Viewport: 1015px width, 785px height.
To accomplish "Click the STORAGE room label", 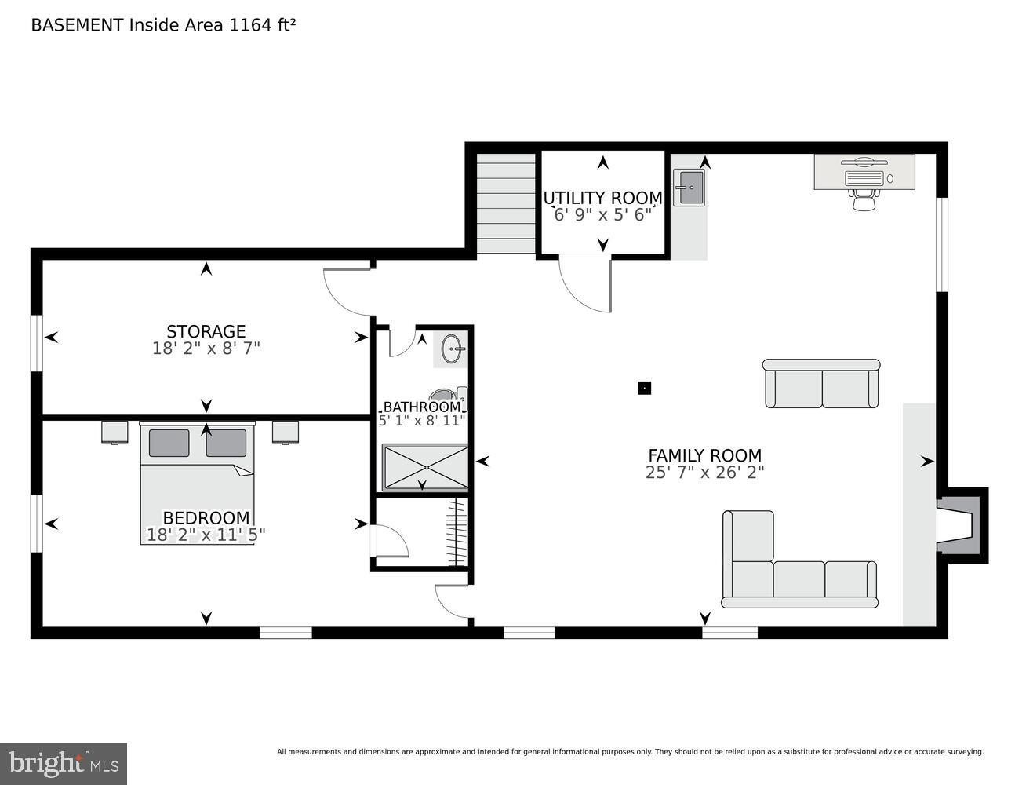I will (206, 332).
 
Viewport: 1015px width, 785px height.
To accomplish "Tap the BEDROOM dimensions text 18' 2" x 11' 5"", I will (206, 535).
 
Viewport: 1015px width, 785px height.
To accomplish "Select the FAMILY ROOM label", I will (704, 455).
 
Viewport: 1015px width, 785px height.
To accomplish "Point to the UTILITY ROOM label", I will (602, 198).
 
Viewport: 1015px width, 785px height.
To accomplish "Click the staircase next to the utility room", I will (506, 203).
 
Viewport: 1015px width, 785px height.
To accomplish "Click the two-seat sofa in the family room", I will (821, 384).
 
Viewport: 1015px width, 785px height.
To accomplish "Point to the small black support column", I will (644, 387).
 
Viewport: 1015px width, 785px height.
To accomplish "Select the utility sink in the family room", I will (689, 188).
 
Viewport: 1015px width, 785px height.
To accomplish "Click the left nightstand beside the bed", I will (115, 432).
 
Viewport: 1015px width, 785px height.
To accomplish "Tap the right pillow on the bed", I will (226, 444).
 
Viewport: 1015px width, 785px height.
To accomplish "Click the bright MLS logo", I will (64, 763).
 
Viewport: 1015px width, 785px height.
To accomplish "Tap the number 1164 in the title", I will (248, 25).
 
